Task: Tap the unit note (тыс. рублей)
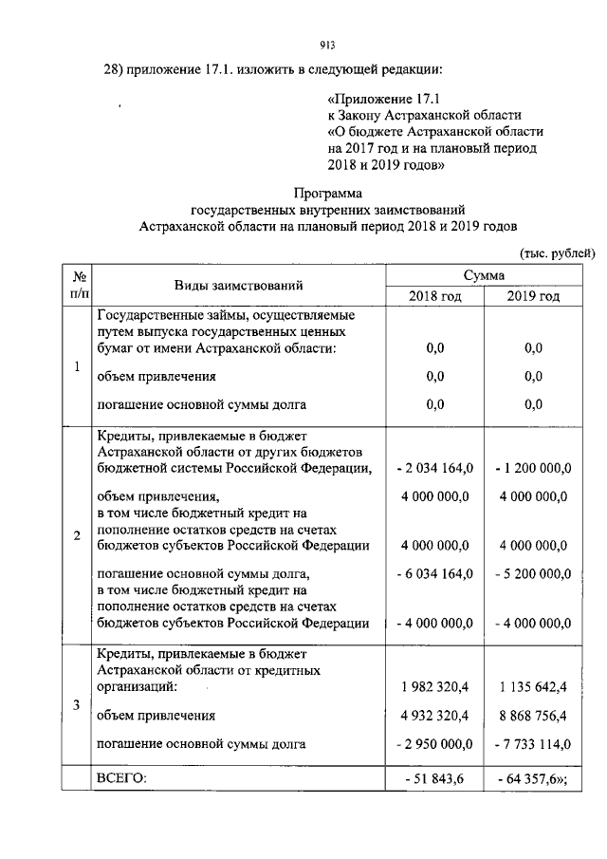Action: coord(557,252)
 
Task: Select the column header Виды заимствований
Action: coord(238,285)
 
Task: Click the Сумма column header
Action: coord(484,274)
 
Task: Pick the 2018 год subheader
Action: coord(435,296)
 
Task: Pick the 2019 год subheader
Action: coord(532,296)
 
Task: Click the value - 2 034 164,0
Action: coord(435,467)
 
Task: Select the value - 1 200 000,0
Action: coord(532,467)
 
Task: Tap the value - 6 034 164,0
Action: coord(435,573)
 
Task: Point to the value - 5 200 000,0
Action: coord(532,573)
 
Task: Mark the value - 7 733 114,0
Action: coord(532,744)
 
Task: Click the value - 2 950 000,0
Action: coord(435,744)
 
